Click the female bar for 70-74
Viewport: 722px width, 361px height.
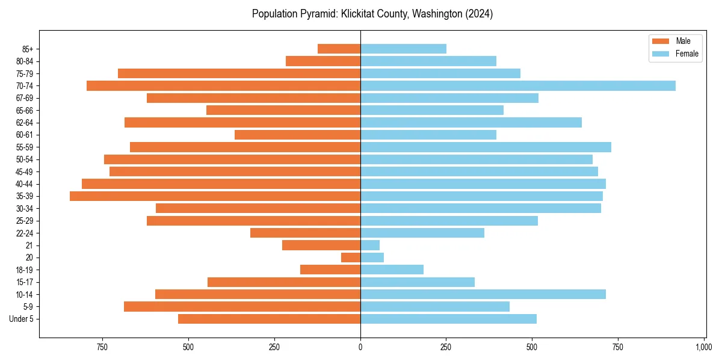(x=517, y=85)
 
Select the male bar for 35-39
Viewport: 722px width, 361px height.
(x=215, y=196)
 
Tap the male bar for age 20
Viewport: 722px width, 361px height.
(x=351, y=258)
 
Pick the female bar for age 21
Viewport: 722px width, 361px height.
(x=370, y=245)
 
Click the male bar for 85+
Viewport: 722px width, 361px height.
(x=339, y=49)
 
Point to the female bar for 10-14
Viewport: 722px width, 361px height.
(x=483, y=294)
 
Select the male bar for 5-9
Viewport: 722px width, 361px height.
(x=242, y=306)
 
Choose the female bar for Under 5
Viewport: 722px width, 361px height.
(x=448, y=319)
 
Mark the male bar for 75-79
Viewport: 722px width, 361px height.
(x=239, y=73)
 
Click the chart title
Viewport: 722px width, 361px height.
(x=372, y=14)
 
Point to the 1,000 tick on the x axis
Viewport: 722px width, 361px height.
(x=704, y=347)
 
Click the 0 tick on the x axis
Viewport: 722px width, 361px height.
(x=360, y=347)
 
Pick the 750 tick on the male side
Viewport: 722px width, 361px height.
(x=102, y=347)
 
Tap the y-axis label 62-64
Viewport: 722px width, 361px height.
(x=24, y=123)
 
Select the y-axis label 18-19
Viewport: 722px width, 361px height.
(x=24, y=270)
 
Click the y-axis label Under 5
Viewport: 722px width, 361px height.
(x=22, y=319)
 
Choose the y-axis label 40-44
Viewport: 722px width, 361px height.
(x=24, y=184)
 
